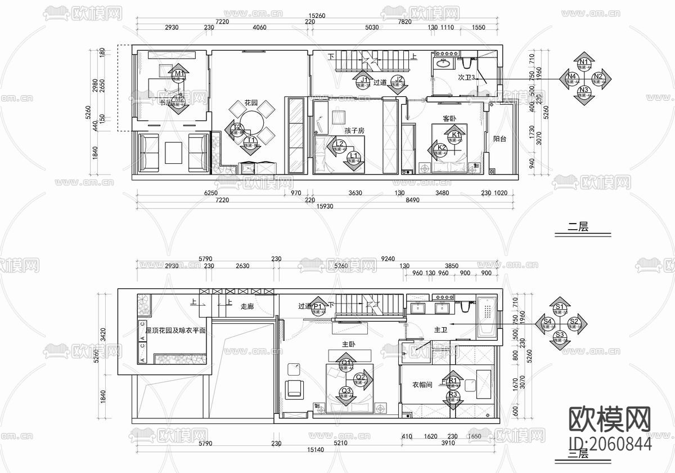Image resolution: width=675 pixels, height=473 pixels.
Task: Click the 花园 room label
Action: point(251,103)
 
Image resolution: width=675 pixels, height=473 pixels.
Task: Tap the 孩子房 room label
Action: point(355,131)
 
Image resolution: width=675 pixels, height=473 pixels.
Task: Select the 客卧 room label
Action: point(449,119)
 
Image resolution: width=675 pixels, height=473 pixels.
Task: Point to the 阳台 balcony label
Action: point(500,139)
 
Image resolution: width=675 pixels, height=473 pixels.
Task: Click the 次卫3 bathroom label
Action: point(467,78)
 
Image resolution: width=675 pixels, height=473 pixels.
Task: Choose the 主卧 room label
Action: point(349,344)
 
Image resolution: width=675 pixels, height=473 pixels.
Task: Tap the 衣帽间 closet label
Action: point(422,385)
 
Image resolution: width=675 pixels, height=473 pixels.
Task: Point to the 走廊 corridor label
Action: point(247,306)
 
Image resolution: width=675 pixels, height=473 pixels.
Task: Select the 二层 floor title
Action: point(578,227)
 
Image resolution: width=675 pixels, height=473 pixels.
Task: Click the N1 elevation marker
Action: point(584,62)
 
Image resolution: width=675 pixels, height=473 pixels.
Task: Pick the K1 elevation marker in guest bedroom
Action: point(456,136)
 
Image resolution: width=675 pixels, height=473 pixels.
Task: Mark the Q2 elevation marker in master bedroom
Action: point(361,378)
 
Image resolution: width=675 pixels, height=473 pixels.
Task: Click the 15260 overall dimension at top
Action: point(318,16)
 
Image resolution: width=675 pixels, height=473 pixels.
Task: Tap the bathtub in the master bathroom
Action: point(487,316)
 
